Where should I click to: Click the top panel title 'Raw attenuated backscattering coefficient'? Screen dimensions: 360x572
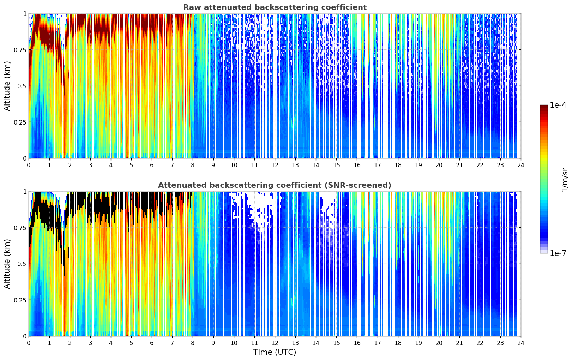[275, 7]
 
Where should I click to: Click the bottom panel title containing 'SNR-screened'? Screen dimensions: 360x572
[275, 185]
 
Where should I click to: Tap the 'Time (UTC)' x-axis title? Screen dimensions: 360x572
[275, 352]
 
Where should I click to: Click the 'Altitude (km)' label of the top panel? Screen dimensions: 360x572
[7, 86]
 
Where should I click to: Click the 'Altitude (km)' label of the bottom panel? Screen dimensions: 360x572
[7, 264]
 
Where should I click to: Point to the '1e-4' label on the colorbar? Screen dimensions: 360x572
[558, 105]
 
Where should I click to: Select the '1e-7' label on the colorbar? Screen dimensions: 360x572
[558, 253]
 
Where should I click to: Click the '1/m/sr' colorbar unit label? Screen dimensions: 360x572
[565, 180]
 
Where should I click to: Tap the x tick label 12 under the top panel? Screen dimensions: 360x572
[275, 165]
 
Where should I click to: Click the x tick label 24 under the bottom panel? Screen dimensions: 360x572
[521, 343]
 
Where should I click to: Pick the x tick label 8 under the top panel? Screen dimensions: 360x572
[193, 165]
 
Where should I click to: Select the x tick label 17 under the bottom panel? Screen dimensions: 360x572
[377, 343]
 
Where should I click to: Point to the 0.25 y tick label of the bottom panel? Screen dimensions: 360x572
[19, 300]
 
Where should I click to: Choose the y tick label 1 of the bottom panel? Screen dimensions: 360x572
[25, 192]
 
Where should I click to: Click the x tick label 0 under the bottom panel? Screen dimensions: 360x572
[29, 343]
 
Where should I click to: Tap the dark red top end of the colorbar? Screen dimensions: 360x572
[544, 107]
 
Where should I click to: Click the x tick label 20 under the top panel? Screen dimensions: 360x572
[439, 165]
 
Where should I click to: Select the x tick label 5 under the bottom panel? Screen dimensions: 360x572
[131, 343]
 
